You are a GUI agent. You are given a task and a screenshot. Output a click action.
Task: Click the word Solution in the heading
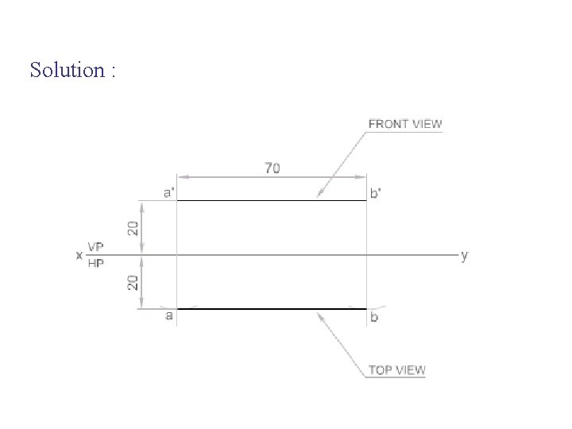(x=68, y=69)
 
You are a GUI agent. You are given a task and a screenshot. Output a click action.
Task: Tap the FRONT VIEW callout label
(x=405, y=124)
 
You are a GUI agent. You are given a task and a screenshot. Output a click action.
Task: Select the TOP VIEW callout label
(x=397, y=370)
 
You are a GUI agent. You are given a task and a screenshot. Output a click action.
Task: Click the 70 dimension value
(x=272, y=168)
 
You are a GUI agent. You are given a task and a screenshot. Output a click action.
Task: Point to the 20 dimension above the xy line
(x=133, y=228)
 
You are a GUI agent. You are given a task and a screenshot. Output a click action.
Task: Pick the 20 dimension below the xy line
(x=133, y=283)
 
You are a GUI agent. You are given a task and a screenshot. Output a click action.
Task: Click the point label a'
(x=169, y=192)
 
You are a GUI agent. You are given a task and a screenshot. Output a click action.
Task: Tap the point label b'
(x=375, y=192)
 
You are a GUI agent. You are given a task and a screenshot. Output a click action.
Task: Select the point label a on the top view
(x=168, y=315)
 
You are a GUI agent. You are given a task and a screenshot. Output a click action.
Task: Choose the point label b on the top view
(x=374, y=317)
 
